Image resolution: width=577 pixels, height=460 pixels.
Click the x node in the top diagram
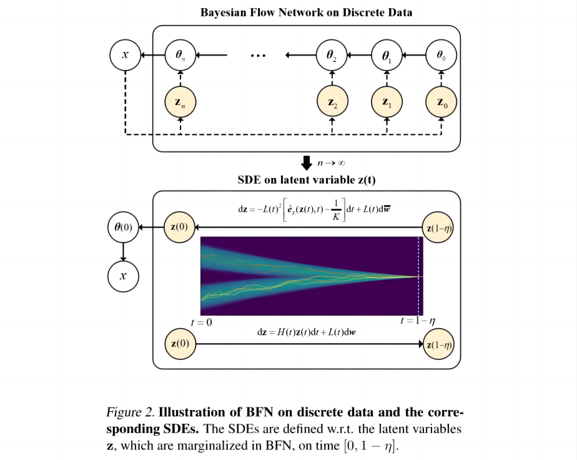126,56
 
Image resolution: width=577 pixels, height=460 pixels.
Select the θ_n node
180,56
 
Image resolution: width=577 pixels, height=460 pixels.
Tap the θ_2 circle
332,56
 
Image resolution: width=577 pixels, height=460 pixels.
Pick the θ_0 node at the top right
441,56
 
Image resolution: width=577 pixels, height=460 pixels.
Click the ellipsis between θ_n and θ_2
257,56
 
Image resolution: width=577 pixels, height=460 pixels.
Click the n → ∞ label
332,164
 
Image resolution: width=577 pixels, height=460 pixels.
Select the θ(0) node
123,226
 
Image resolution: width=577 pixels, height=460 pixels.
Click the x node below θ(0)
123,275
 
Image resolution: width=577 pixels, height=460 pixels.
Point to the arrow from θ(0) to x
123,251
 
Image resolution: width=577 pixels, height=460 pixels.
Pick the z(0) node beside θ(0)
179,226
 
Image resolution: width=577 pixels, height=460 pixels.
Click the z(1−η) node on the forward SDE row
440,344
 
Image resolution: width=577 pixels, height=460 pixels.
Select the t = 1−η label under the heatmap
418,321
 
